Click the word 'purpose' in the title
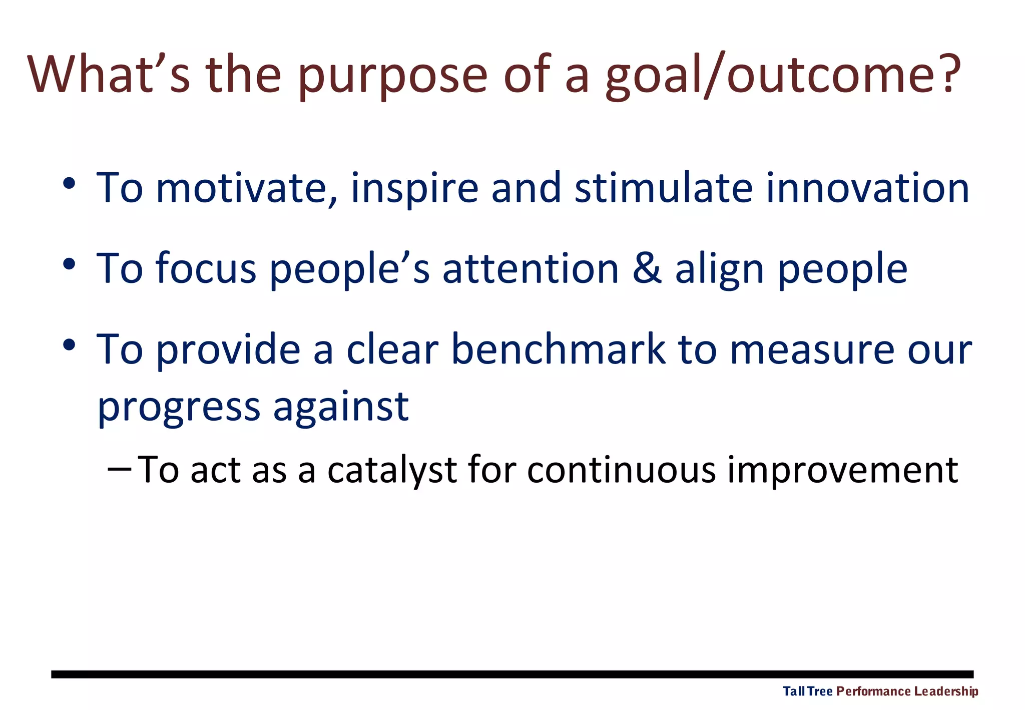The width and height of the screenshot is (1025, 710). [x=392, y=76]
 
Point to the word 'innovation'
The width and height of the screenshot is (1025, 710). [x=867, y=188]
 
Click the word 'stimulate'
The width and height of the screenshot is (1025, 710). [x=663, y=188]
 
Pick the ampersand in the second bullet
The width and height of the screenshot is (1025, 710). [x=647, y=269]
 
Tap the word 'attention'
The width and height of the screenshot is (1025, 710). [x=531, y=269]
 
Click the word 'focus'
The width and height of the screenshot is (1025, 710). [x=206, y=269]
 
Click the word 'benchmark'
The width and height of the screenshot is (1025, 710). [x=558, y=349]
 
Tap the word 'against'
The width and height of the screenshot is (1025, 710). [x=341, y=407]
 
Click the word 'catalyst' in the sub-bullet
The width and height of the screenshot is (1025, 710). [x=392, y=471]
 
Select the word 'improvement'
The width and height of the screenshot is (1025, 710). [x=842, y=471]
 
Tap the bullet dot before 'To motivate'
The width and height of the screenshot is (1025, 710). [x=69, y=183]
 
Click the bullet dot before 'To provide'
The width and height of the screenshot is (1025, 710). [x=69, y=344]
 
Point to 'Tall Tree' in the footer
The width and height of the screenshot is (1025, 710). [x=807, y=691]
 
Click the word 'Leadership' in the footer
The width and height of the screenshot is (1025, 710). [x=945, y=691]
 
